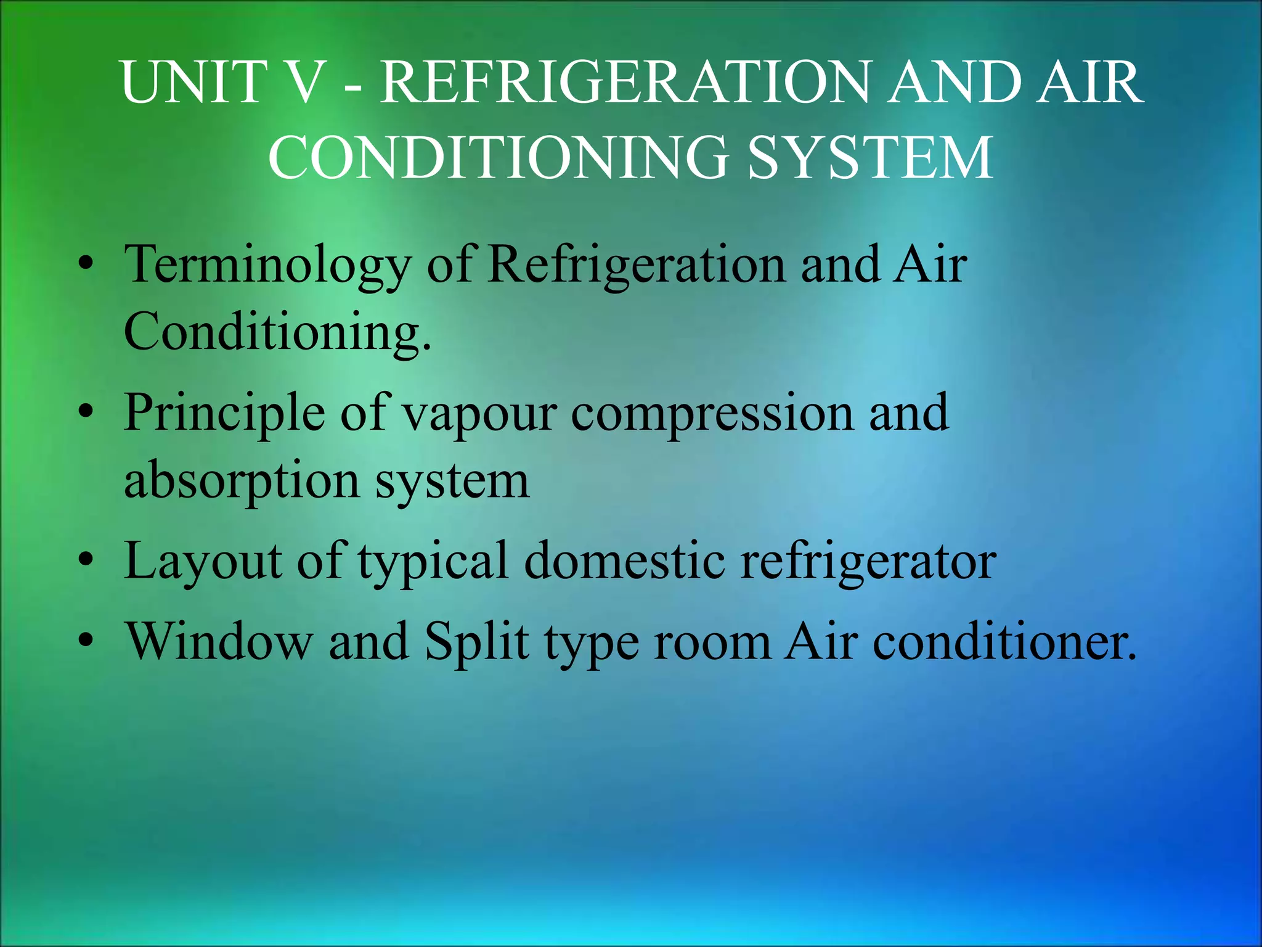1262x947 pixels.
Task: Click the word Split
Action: click(477, 642)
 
